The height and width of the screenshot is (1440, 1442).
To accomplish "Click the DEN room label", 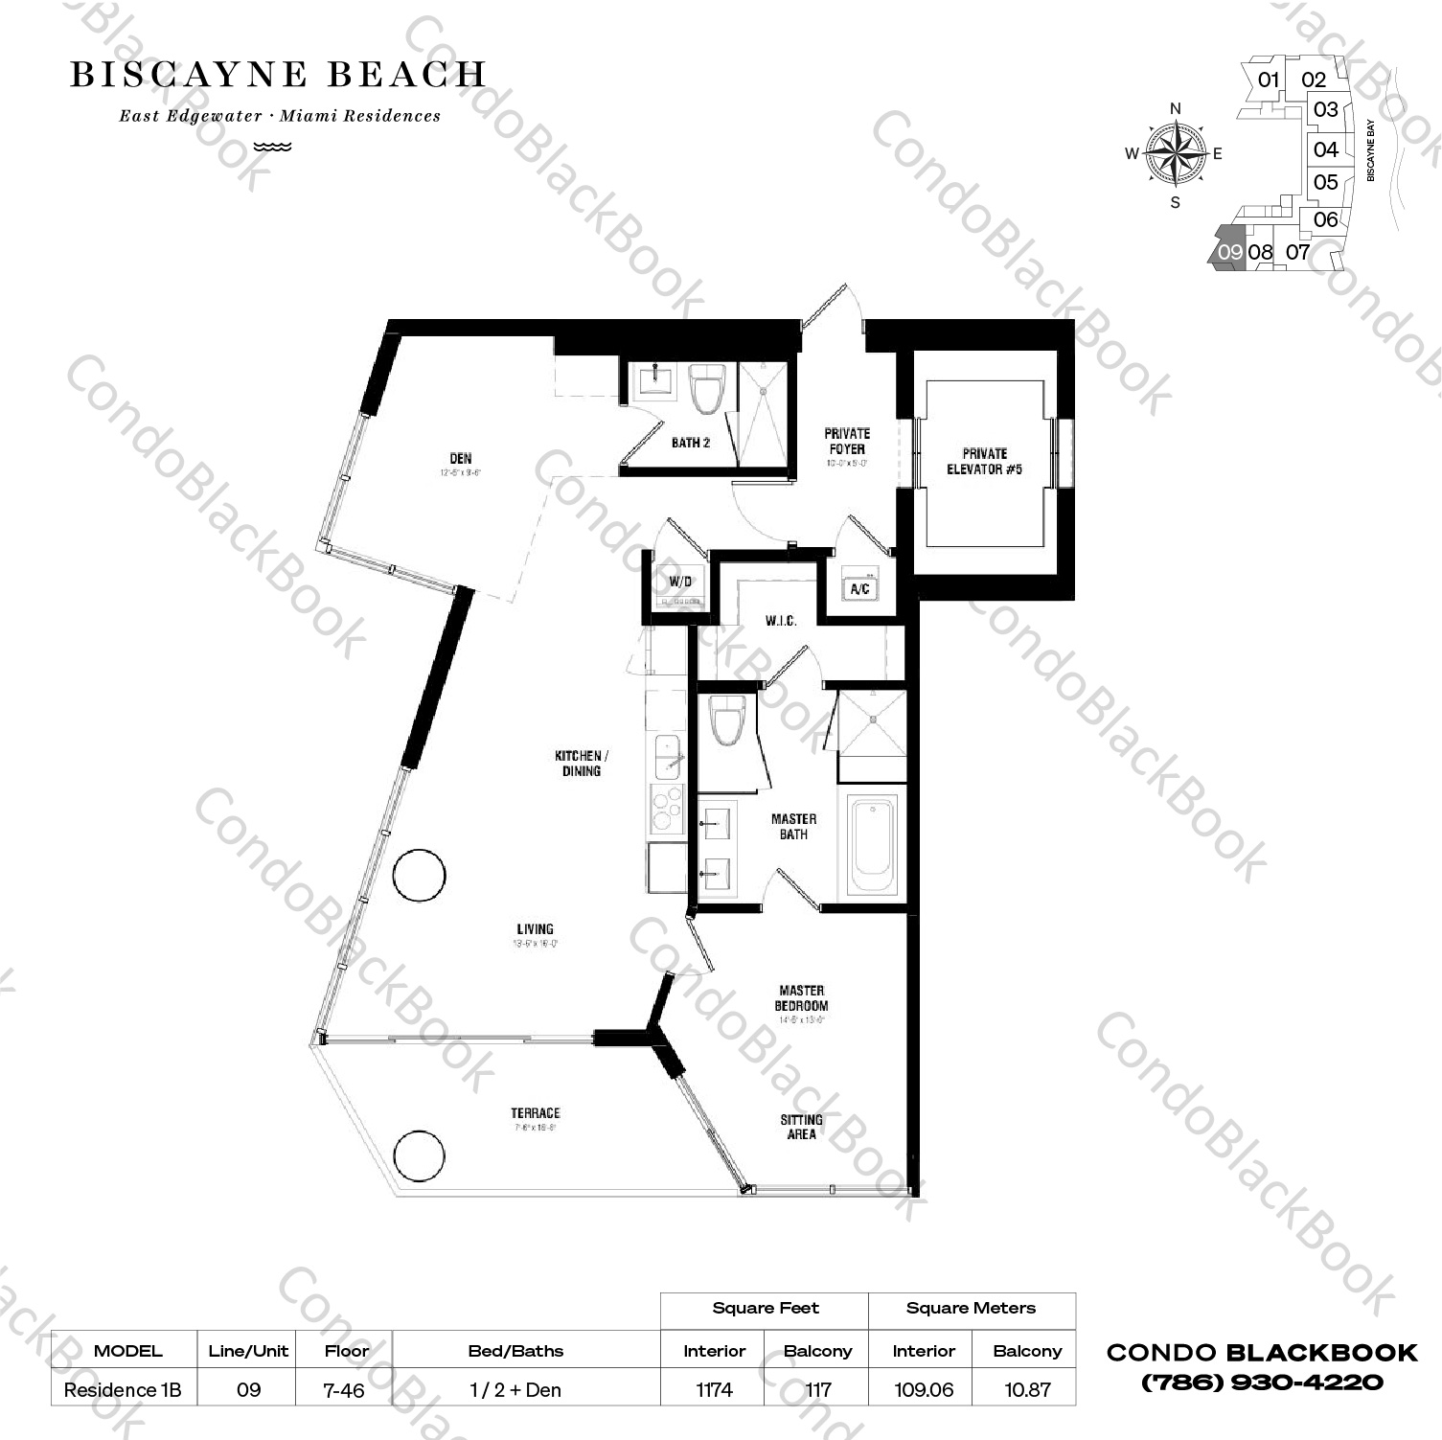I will [x=461, y=459].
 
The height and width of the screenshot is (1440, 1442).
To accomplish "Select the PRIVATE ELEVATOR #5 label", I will [x=984, y=461].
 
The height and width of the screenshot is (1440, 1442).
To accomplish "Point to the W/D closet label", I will [x=680, y=582].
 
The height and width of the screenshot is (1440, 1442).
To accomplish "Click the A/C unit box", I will [x=859, y=588].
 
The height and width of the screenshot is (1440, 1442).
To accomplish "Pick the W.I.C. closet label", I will [x=781, y=621].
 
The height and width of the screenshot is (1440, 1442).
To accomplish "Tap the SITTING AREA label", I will [x=801, y=1127].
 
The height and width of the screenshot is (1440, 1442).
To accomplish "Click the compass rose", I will [x=1176, y=153].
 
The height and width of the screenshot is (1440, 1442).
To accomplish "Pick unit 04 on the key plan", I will [x=1326, y=149].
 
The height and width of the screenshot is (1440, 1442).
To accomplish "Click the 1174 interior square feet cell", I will [x=715, y=1389].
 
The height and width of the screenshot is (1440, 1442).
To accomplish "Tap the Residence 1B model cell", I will [x=123, y=1389].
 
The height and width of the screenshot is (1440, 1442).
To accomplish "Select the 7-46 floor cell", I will [x=345, y=1389].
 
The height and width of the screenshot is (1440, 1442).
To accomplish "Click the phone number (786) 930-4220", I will [x=1262, y=1383].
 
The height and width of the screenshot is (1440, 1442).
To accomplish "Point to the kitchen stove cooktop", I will [x=666, y=808].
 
